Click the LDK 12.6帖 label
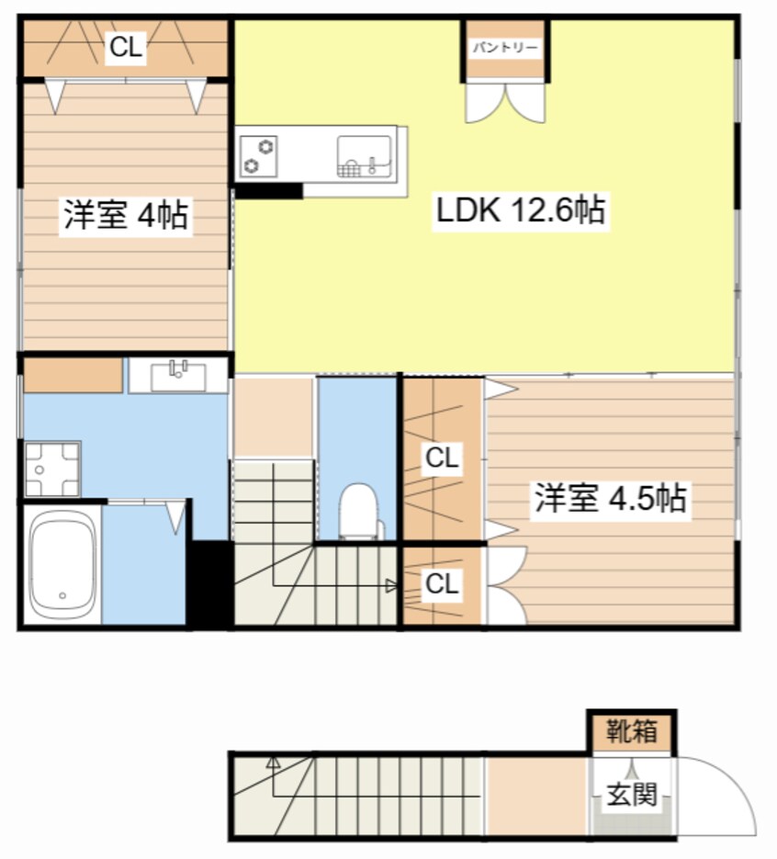point(519,212)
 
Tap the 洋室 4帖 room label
point(126,216)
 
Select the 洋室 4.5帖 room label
point(611,499)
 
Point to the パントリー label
point(505,48)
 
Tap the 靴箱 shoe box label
point(632,732)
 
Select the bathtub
point(62,565)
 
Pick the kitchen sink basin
point(365,156)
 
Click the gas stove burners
point(258,156)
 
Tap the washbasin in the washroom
point(178,376)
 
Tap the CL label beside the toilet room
point(442,458)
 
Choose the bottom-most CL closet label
point(442,584)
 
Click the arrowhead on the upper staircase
point(392,584)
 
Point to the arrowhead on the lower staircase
point(273,762)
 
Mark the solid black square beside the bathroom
point(210,583)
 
